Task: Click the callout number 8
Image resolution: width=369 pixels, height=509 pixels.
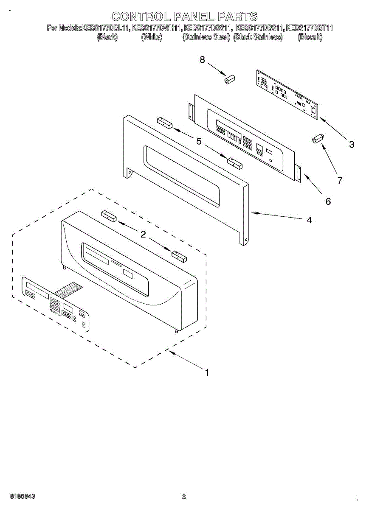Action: click(203, 60)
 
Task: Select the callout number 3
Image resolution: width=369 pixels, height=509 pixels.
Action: click(352, 144)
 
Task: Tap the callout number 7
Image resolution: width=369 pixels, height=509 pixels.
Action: click(340, 180)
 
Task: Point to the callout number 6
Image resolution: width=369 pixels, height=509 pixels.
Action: click(328, 201)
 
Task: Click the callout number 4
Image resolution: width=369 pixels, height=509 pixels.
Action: click(309, 220)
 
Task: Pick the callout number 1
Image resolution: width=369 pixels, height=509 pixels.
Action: click(207, 373)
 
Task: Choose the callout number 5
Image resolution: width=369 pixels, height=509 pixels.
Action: click(199, 141)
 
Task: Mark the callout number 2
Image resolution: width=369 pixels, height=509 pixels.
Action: click(143, 234)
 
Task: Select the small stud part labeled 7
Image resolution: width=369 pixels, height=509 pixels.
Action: click(317, 139)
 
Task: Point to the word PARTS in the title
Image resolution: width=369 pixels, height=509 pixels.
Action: click(237, 17)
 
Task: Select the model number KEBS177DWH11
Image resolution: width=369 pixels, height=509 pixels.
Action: click(157, 28)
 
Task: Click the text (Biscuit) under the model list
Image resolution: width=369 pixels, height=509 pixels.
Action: click(310, 37)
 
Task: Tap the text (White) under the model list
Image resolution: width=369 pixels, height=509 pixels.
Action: click(151, 37)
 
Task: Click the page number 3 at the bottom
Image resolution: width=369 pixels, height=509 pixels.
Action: click(184, 497)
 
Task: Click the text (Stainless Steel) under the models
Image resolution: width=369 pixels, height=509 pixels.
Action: click(206, 37)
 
